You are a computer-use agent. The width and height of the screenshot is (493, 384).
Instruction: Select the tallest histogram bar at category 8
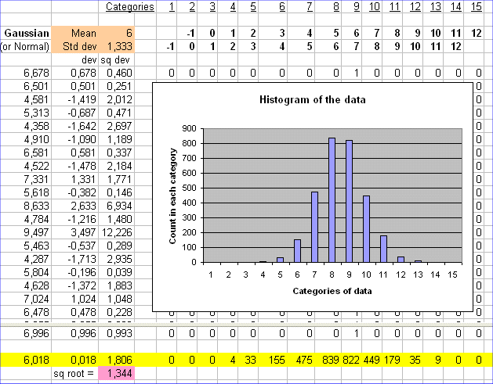pos(332,199)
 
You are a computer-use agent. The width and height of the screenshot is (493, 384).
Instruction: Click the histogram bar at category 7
pos(314,227)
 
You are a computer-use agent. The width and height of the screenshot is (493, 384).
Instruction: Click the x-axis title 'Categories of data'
pos(332,291)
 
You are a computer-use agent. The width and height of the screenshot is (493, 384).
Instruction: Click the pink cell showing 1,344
pos(117,375)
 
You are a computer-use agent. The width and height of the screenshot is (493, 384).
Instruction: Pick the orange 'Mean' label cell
pos(83,34)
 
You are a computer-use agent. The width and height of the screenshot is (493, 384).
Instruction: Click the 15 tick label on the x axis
pos(452,275)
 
